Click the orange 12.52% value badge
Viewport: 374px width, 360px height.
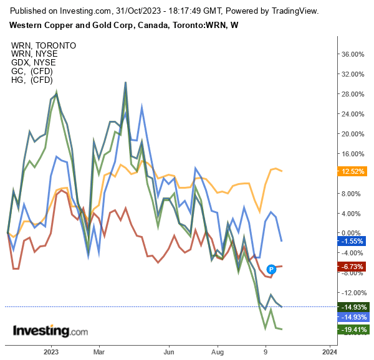[353, 171]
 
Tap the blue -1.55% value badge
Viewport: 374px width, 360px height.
[353, 241]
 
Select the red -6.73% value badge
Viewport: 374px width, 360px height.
[353, 267]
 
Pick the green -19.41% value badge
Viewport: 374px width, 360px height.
[353, 329]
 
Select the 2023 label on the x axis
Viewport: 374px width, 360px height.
[51, 351]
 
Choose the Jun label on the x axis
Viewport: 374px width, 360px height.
[168, 351]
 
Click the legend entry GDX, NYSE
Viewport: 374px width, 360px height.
[33, 62]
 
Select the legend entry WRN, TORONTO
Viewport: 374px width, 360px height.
[44, 45]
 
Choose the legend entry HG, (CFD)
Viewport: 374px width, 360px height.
[32, 80]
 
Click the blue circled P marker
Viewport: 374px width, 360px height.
[272, 269]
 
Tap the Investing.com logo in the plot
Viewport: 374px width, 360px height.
[50, 331]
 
